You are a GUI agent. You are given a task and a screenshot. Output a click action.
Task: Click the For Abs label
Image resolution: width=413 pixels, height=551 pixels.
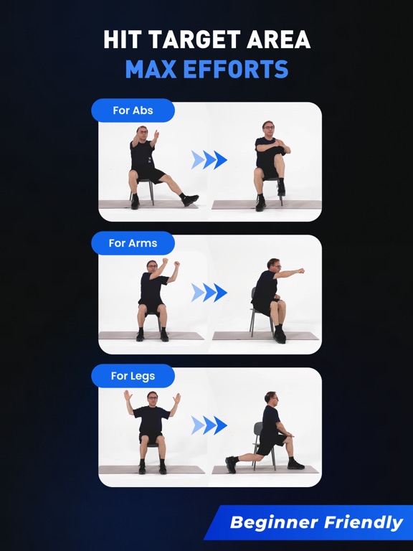(133, 110)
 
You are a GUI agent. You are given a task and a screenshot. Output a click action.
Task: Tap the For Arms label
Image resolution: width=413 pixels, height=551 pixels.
(133, 243)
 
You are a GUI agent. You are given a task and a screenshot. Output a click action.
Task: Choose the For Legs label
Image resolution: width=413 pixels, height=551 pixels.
(133, 376)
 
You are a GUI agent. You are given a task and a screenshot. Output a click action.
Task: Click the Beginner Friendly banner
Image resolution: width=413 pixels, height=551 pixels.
(315, 522)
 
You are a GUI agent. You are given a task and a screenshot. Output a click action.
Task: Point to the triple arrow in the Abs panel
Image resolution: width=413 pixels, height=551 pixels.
(209, 160)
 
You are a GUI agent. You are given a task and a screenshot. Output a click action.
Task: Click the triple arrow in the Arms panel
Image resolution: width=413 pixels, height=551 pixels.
(209, 292)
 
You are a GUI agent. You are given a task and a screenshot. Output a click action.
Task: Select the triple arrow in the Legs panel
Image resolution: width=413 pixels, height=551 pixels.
(209, 425)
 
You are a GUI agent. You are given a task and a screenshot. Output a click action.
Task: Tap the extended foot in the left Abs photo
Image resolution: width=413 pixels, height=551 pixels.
(190, 199)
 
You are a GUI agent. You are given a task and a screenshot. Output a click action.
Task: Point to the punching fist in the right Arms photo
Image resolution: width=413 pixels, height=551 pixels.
(301, 271)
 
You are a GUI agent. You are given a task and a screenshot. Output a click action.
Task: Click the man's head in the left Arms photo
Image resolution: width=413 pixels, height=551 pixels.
(152, 266)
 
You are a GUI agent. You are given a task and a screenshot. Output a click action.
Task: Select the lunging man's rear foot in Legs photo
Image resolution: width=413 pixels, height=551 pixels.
(231, 464)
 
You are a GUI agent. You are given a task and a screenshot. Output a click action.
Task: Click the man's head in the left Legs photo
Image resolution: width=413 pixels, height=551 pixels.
(152, 397)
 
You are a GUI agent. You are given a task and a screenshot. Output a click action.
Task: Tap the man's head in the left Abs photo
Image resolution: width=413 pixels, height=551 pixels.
(142, 132)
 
